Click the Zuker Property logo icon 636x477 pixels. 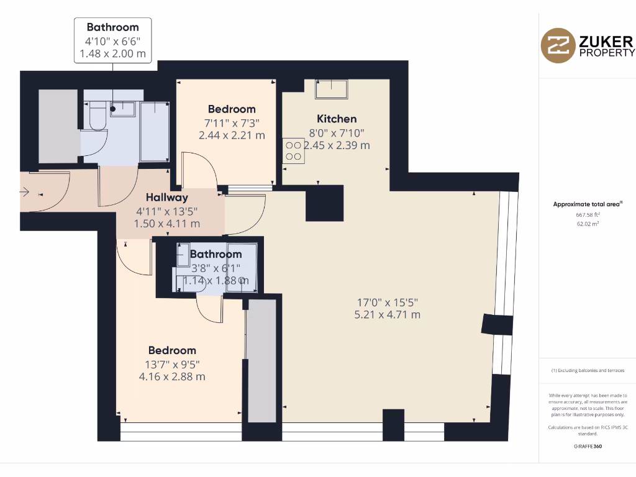point(558,45)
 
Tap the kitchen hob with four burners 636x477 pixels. point(294,150)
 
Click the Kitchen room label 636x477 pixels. point(337,119)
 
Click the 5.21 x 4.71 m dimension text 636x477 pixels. point(387,314)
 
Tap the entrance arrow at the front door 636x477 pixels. point(25,193)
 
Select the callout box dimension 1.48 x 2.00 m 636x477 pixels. point(112,53)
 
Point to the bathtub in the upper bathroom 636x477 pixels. point(153,131)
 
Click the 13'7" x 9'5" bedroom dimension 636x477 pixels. point(173,364)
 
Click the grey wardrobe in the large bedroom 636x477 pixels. point(261,360)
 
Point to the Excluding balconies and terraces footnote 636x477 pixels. point(588,371)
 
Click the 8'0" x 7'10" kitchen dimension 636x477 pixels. point(337,132)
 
